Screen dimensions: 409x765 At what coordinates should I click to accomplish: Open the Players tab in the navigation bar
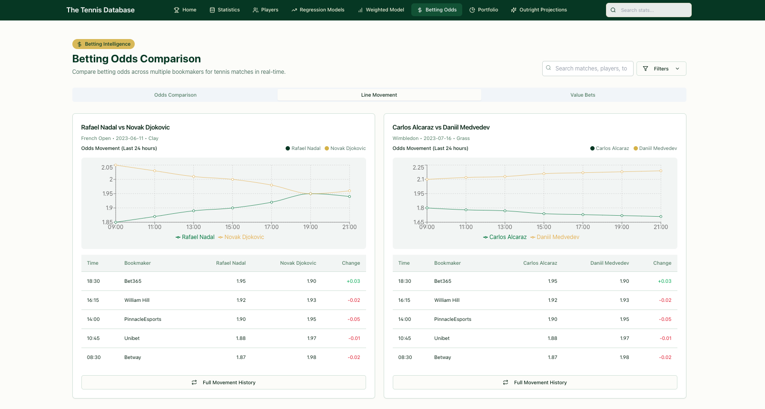266,10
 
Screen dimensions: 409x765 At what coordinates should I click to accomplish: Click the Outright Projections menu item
539,10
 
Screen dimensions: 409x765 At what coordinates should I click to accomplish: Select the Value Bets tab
583,95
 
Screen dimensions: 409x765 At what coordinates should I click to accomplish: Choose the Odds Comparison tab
175,95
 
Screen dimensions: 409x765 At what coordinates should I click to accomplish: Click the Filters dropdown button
661,69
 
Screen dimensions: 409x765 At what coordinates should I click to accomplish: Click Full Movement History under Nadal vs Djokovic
223,382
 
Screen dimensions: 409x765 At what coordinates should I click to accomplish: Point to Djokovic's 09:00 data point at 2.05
116,165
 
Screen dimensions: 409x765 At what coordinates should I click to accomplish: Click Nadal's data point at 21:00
349,197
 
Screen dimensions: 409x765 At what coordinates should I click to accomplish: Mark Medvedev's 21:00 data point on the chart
661,171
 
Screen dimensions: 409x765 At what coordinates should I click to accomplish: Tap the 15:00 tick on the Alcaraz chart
544,227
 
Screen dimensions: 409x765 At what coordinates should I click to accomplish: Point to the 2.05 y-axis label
107,168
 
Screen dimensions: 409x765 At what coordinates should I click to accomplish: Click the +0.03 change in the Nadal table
353,281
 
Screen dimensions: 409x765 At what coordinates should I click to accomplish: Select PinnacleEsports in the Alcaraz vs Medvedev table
452,319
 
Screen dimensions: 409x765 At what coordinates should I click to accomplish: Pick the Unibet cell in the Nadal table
132,339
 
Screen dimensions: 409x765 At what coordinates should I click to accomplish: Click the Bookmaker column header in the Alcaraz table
447,263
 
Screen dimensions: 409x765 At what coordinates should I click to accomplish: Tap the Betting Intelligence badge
103,44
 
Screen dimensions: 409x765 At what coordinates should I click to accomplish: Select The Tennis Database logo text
100,10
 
